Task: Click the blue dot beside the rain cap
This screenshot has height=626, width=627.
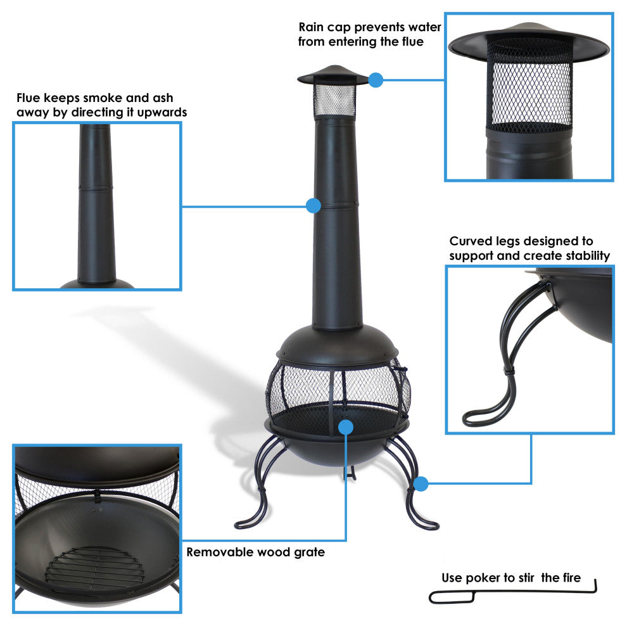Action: tap(376, 80)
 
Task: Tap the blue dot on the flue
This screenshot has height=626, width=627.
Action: tap(313, 205)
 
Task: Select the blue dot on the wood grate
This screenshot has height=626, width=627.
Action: tap(345, 426)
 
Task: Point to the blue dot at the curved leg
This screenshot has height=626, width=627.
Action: tap(421, 484)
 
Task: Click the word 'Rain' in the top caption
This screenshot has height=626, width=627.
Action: tap(313, 27)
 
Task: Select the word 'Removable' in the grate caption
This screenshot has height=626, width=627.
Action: tap(219, 553)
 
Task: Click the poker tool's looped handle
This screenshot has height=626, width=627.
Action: tap(451, 597)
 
